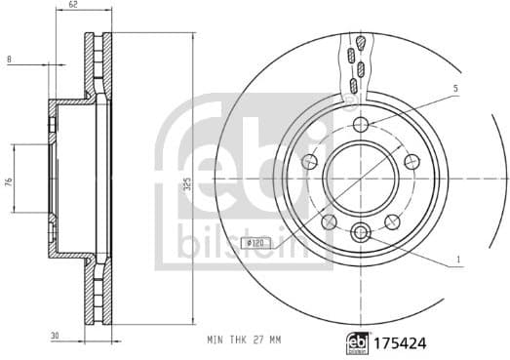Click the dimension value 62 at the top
(74, 6)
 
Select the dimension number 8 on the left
(9, 60)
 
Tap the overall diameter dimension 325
(186, 182)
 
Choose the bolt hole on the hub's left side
(311, 161)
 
